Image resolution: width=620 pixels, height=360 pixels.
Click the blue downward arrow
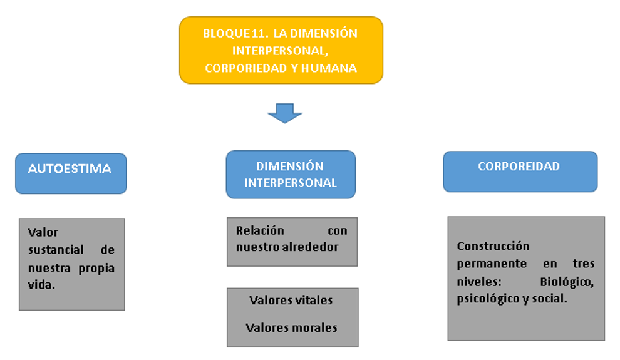[x=285, y=113]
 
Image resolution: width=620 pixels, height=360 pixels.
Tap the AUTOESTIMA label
[x=70, y=168]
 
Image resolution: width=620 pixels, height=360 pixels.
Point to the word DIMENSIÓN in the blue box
[x=290, y=167]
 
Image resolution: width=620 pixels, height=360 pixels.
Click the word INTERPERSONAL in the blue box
[x=290, y=183]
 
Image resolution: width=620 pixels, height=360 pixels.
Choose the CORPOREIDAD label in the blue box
[x=519, y=167]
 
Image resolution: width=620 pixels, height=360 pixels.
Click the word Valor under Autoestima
[x=43, y=232]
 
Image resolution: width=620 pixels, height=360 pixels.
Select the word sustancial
[x=56, y=250]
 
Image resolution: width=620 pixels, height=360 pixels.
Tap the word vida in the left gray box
[x=41, y=284]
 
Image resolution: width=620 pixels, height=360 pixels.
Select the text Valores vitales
[x=291, y=300]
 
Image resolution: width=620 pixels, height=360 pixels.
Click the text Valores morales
[x=291, y=327]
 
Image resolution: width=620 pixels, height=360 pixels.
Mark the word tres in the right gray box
[x=583, y=264]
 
